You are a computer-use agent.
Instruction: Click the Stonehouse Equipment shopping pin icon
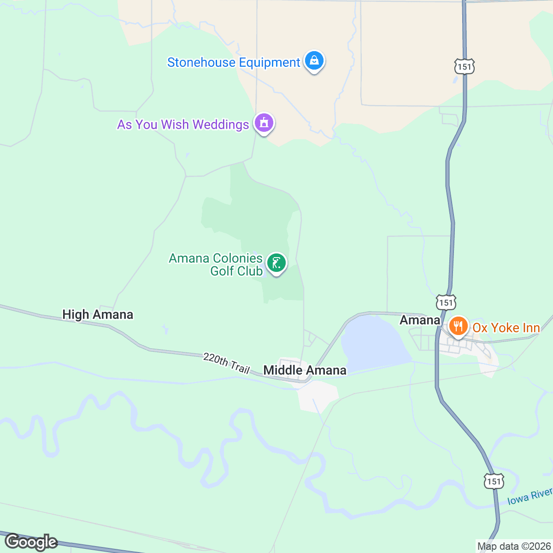[x=314, y=61]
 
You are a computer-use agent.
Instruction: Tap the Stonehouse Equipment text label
[x=234, y=63]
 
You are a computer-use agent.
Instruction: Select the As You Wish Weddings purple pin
[x=264, y=123]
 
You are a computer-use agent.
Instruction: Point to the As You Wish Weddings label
[x=183, y=124]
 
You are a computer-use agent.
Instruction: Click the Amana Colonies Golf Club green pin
[x=276, y=263]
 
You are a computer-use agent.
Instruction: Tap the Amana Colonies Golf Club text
[x=216, y=265]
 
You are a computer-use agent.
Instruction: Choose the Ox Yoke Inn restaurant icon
[x=458, y=327]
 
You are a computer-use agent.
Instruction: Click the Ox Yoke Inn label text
[x=506, y=328]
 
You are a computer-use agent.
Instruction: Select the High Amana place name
[x=98, y=314]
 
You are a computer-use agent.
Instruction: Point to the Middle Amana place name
[x=305, y=370]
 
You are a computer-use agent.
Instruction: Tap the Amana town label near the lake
[x=420, y=320]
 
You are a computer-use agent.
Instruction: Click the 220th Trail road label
[x=226, y=363]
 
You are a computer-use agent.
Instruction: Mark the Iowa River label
[x=529, y=497]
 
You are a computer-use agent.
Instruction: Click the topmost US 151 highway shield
[x=464, y=66]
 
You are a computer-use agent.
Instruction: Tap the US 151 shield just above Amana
[x=446, y=302]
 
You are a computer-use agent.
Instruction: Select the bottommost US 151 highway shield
[x=494, y=481]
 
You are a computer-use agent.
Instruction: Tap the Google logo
[x=30, y=542]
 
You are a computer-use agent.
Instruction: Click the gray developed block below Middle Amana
[x=318, y=396]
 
